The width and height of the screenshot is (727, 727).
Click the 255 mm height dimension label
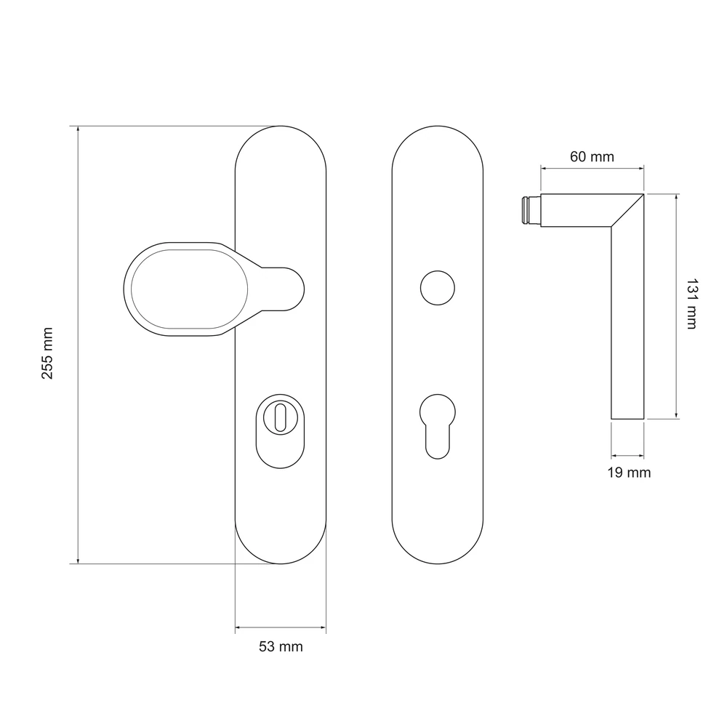click(47, 353)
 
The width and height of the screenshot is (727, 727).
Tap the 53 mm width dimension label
click(281, 646)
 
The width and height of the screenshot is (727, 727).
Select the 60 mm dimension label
click(592, 157)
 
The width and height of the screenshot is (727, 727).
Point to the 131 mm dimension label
click(691, 304)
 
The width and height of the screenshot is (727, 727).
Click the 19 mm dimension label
click(629, 473)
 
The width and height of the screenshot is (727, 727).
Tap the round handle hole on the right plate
click(438, 288)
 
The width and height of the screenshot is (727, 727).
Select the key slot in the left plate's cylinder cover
click(281, 417)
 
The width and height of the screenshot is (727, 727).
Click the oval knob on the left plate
click(189, 289)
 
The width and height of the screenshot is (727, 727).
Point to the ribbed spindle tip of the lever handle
click(531, 211)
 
